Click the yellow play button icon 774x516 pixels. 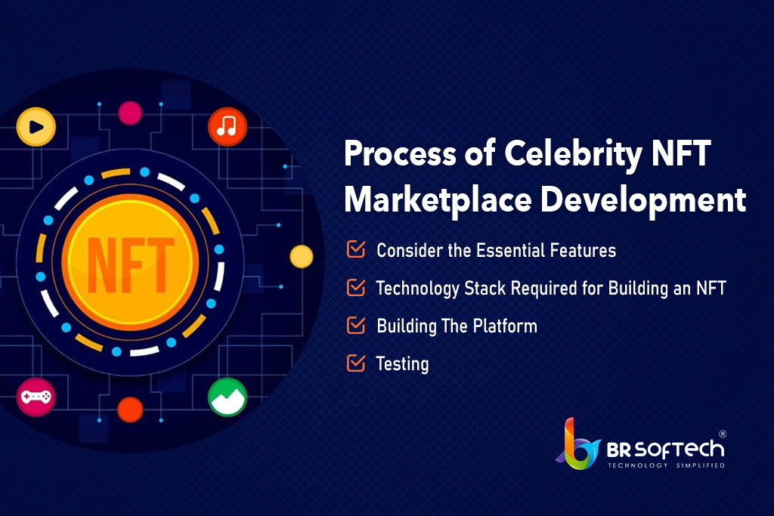[36, 127]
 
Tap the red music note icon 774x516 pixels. [227, 127]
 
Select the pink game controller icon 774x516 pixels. [36, 397]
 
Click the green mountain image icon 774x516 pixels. [227, 397]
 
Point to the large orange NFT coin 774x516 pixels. [130, 262]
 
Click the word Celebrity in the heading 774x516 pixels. [573, 154]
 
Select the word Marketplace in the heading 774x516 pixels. [438, 200]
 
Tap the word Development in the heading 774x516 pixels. [642, 200]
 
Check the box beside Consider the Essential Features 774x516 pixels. [356, 249]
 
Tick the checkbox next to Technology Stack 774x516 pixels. [356, 287]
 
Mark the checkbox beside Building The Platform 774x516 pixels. [356, 325]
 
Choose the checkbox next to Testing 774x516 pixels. [356, 363]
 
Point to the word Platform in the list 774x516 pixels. [505, 326]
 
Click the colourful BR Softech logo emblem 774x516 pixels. [578, 444]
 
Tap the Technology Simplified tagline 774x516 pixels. [666, 465]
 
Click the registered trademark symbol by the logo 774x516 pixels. [722, 434]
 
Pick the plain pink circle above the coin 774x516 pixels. [130, 113]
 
